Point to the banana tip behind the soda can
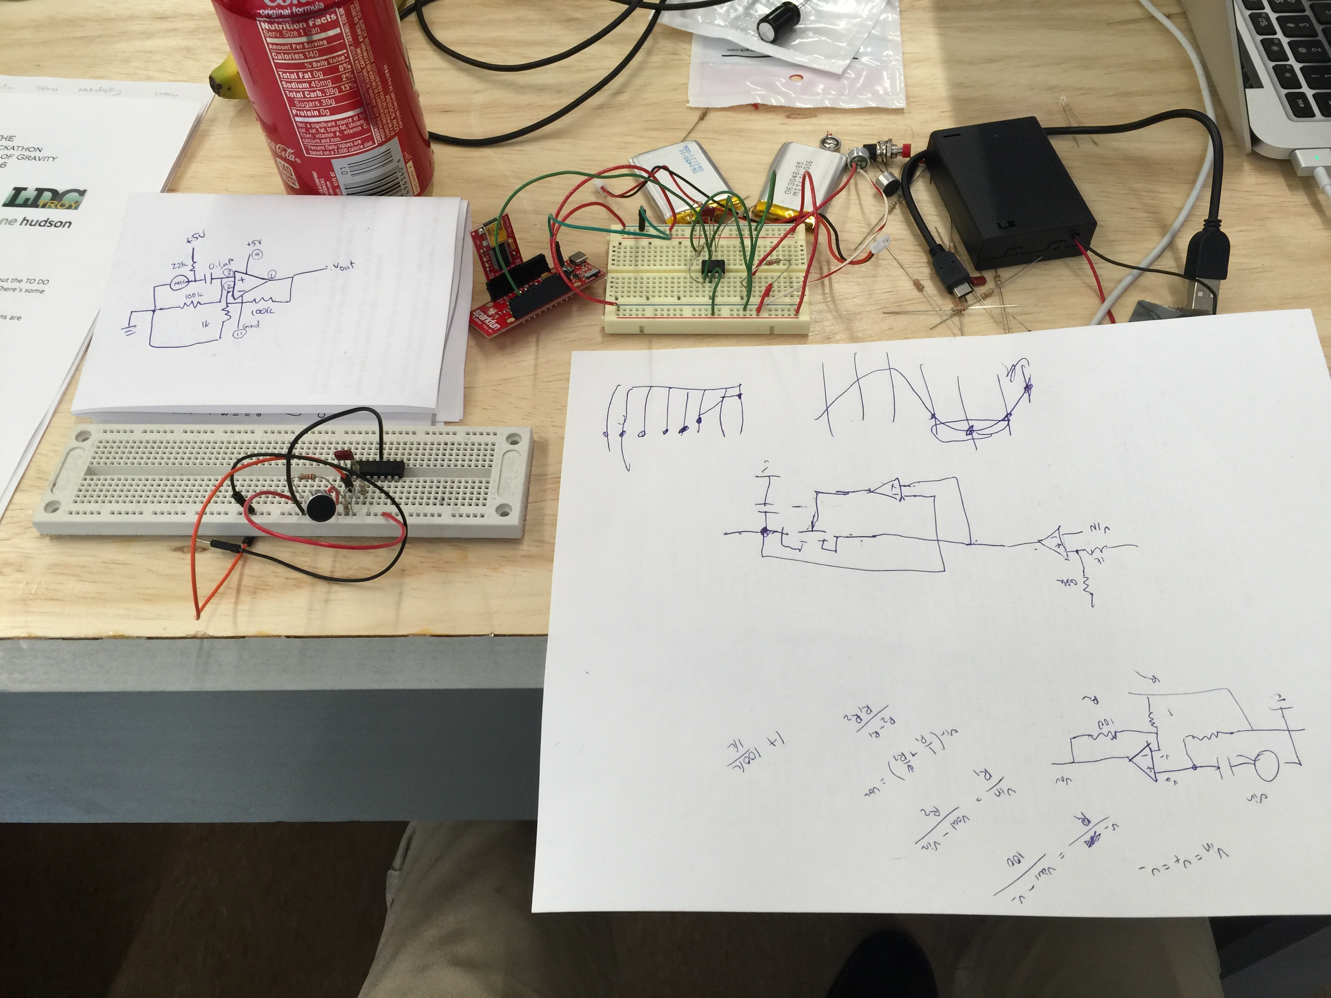point(218,78)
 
